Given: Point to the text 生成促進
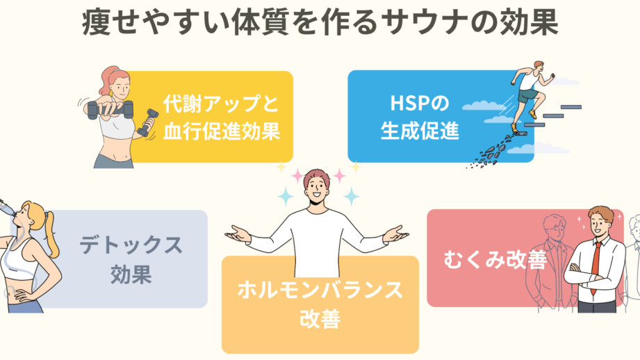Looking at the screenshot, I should (x=419, y=131).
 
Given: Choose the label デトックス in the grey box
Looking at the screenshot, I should (x=131, y=245).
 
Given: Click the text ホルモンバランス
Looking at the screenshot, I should (x=320, y=290).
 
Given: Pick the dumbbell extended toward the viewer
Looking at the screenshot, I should (x=101, y=107).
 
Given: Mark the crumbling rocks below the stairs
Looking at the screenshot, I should (x=486, y=154).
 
